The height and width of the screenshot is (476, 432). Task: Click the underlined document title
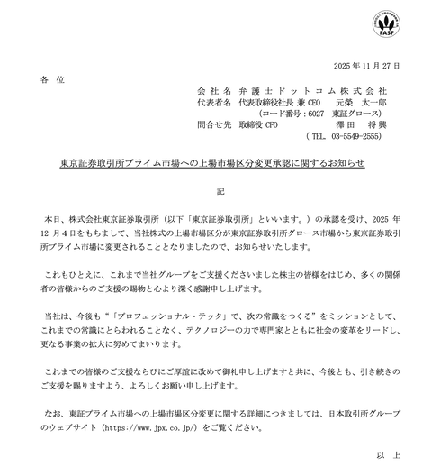[215, 164]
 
